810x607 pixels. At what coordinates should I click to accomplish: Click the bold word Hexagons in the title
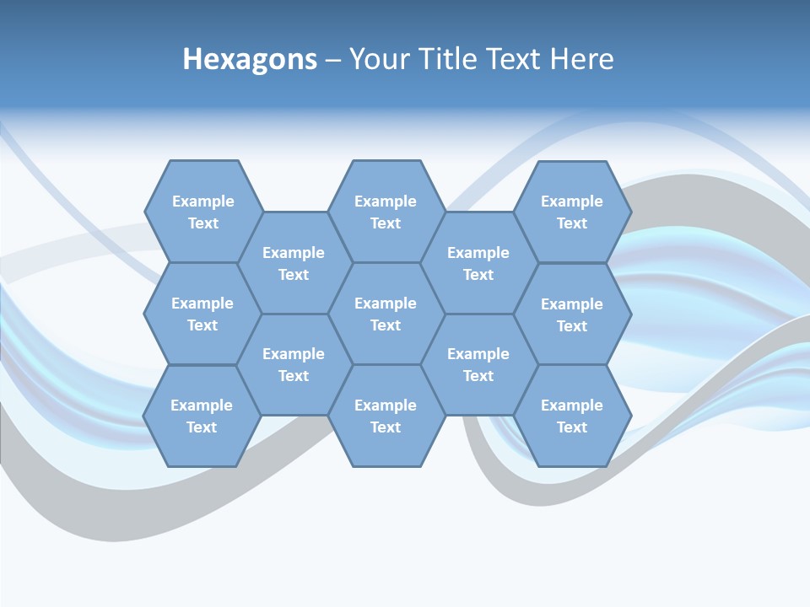pos(250,59)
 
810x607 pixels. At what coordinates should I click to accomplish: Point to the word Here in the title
pos(581,59)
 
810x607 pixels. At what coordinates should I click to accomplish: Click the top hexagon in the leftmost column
pos(202,212)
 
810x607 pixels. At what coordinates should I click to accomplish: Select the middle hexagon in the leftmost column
pos(202,314)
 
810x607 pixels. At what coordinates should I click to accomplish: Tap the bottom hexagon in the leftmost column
pos(202,416)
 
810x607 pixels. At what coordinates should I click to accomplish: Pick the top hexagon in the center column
pos(386,212)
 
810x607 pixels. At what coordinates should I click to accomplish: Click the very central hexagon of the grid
pos(386,314)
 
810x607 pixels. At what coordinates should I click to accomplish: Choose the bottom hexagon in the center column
pos(386,416)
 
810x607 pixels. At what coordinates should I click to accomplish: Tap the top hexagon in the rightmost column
pos(572,212)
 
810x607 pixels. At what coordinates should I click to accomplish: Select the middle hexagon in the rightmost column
pos(572,314)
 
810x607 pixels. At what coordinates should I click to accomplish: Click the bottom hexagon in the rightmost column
pos(572,416)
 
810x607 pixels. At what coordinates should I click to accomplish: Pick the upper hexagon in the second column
pos(294,263)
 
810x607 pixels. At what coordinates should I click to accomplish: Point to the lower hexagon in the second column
pos(294,364)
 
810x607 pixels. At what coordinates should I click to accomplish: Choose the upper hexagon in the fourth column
pos(478,263)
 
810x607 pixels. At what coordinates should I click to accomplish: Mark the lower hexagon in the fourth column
pos(478,364)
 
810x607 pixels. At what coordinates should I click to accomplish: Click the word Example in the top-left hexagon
pos(202,201)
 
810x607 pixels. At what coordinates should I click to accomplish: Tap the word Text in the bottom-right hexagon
pos(572,427)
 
